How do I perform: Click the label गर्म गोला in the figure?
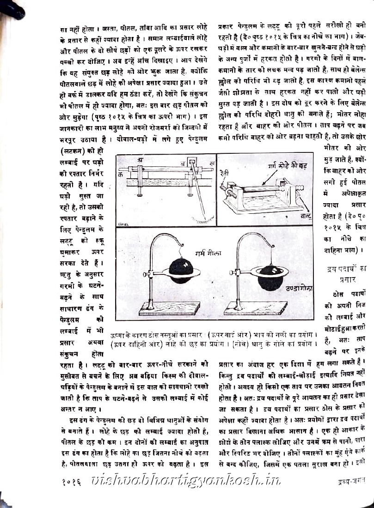[x=208, y=253]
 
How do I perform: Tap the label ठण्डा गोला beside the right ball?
[x=299, y=288]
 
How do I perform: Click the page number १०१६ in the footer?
[x=72, y=482]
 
